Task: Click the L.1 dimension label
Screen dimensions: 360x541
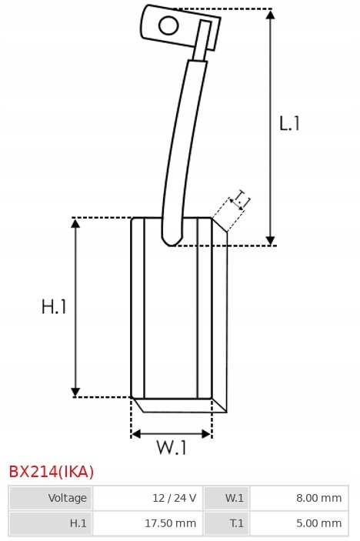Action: (289, 124)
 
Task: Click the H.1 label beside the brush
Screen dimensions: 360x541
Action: (54, 306)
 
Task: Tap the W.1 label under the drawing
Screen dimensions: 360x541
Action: (172, 447)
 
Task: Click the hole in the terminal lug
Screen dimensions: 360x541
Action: (168, 25)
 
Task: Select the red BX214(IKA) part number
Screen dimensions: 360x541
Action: (51, 472)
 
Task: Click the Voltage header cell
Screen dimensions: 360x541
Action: (51, 498)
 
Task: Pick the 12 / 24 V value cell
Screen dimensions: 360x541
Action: (148, 498)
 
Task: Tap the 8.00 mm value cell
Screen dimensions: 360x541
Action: (299, 498)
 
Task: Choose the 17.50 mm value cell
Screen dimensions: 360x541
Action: (148, 523)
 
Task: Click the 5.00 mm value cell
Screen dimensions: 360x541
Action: (299, 523)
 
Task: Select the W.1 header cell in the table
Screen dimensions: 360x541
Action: (227, 498)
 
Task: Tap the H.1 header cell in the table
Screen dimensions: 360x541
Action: (51, 523)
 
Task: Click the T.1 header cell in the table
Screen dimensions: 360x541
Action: (227, 523)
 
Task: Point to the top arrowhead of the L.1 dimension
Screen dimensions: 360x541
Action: (271, 15)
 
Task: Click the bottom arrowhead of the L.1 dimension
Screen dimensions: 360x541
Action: (271, 240)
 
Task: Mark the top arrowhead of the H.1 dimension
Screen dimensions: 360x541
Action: (75, 223)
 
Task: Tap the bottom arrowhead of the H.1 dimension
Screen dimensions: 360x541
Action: (75, 392)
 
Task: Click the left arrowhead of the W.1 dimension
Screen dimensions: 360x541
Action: (136, 434)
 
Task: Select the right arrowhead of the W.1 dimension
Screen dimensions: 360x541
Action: (207, 434)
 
